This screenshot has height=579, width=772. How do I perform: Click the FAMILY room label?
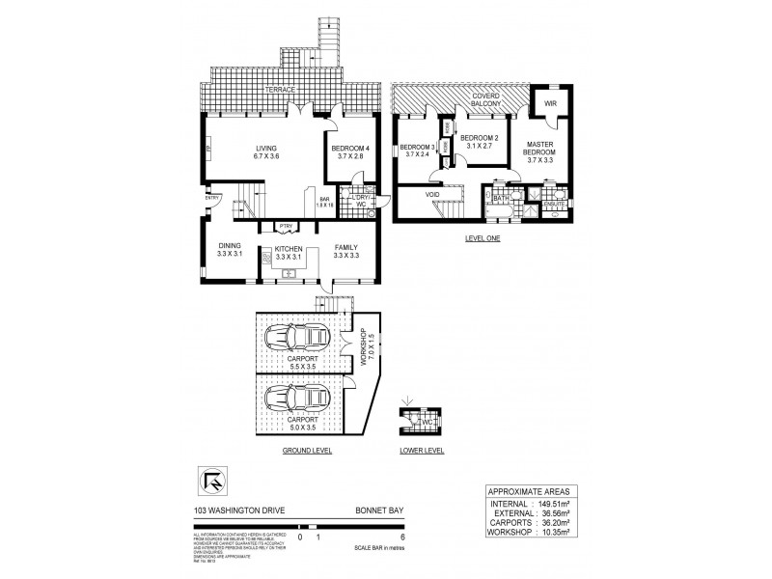coord(345,247)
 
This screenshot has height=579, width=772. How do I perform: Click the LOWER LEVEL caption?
coord(422,450)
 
